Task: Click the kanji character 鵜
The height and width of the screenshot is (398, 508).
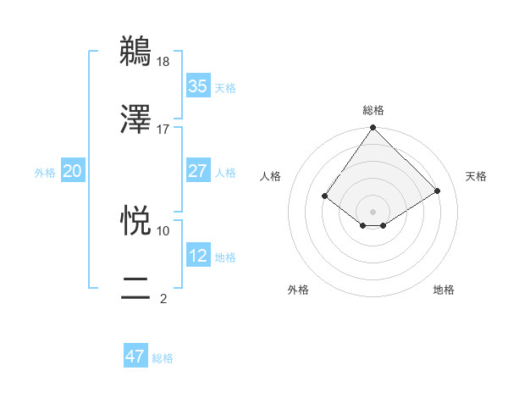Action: click(136, 51)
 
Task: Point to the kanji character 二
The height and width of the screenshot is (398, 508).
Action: click(136, 287)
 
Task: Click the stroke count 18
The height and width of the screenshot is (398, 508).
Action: click(163, 62)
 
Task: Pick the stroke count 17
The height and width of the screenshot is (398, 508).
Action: click(163, 129)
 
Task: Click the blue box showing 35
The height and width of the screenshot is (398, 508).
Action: click(197, 86)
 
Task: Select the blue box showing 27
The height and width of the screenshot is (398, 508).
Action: click(197, 171)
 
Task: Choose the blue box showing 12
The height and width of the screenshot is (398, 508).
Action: click(197, 256)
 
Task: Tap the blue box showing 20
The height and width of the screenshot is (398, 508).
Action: click(72, 171)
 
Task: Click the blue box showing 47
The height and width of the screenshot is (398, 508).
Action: click(135, 357)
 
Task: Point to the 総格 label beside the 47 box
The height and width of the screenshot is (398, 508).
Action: click(163, 358)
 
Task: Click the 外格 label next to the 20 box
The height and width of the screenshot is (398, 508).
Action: click(45, 173)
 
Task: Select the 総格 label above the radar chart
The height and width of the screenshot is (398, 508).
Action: click(373, 110)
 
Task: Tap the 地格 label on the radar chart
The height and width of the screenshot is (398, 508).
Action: click(444, 290)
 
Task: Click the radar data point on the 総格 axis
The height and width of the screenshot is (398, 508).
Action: click(373, 129)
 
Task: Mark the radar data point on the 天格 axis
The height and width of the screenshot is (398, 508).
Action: click(438, 191)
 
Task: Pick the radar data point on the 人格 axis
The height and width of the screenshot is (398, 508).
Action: click(325, 196)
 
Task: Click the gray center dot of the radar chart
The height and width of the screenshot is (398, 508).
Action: click(373, 211)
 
